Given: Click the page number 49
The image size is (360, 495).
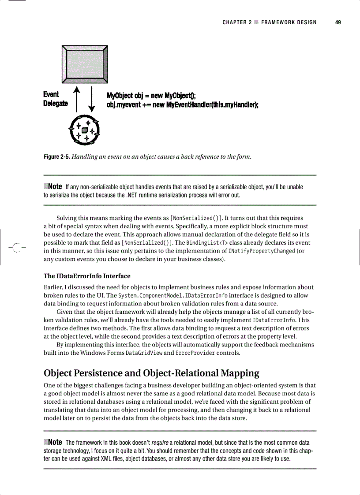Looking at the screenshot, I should [338, 22].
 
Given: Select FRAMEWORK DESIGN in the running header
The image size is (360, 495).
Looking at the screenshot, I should [289, 22].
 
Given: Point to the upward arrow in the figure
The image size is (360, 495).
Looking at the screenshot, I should [78, 99].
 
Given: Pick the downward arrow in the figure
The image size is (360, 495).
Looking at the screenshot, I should [92, 99].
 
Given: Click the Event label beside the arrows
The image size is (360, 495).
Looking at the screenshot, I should [51, 94].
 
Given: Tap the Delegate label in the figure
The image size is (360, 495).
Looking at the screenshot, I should [56, 103].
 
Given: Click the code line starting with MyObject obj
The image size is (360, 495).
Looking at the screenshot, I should [151, 96].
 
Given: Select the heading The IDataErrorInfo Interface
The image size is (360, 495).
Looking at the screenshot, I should [87, 276].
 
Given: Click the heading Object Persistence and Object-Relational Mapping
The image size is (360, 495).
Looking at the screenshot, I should [151, 373].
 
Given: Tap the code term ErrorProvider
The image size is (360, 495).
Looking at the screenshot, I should [195, 353].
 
